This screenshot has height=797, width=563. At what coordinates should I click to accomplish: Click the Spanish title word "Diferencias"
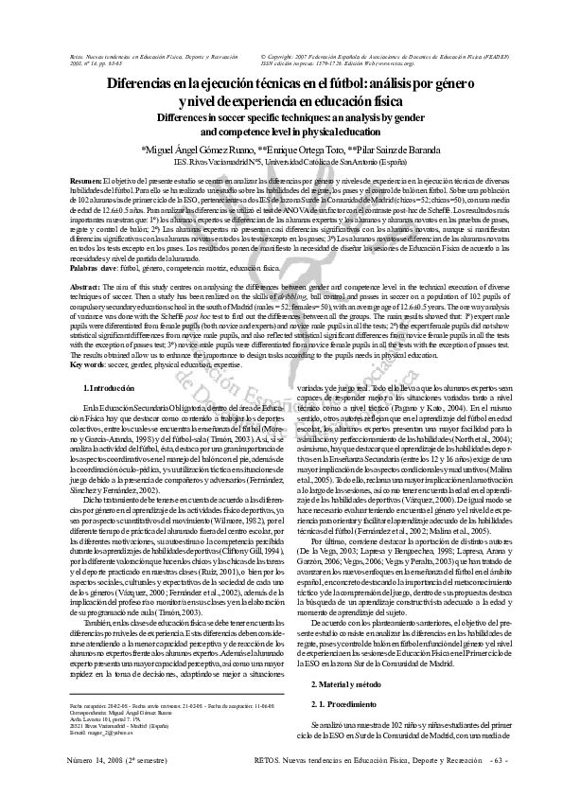pyautogui.click(x=143, y=84)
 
